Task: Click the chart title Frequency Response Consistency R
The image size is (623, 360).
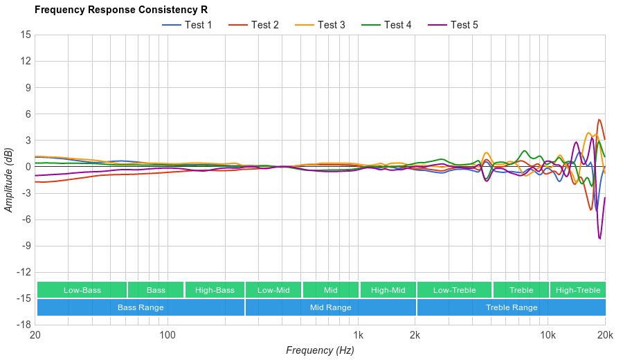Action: click(120, 10)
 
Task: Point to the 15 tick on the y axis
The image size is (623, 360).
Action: click(25, 35)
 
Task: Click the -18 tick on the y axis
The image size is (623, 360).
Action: click(23, 325)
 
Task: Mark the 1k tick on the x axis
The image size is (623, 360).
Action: click(358, 336)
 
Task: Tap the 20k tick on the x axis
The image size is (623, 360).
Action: click(605, 336)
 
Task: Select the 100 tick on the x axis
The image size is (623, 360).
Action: click(168, 336)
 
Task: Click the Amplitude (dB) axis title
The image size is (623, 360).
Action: click(9, 179)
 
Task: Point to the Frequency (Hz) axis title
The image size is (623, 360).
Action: click(320, 350)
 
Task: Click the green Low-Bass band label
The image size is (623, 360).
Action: click(82, 290)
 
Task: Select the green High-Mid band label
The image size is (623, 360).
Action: click(388, 290)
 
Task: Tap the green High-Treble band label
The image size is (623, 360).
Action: click(578, 290)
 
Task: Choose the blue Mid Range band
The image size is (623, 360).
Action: click(330, 307)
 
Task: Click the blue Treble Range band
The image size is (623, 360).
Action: click(512, 307)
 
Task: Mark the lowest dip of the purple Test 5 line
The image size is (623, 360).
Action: click(599, 239)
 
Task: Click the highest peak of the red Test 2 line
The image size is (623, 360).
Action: click(599, 119)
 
